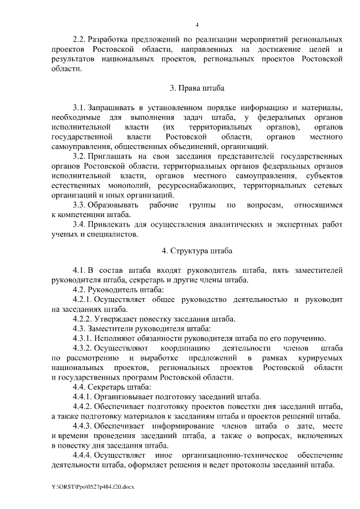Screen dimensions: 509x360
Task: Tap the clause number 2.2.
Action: point(78,40)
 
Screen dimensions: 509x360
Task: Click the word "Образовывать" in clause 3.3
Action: point(116,203)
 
